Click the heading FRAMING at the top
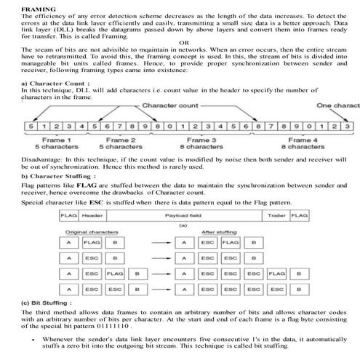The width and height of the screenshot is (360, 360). [x=17, y=5]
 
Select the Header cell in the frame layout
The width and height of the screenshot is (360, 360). [x=92, y=215]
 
